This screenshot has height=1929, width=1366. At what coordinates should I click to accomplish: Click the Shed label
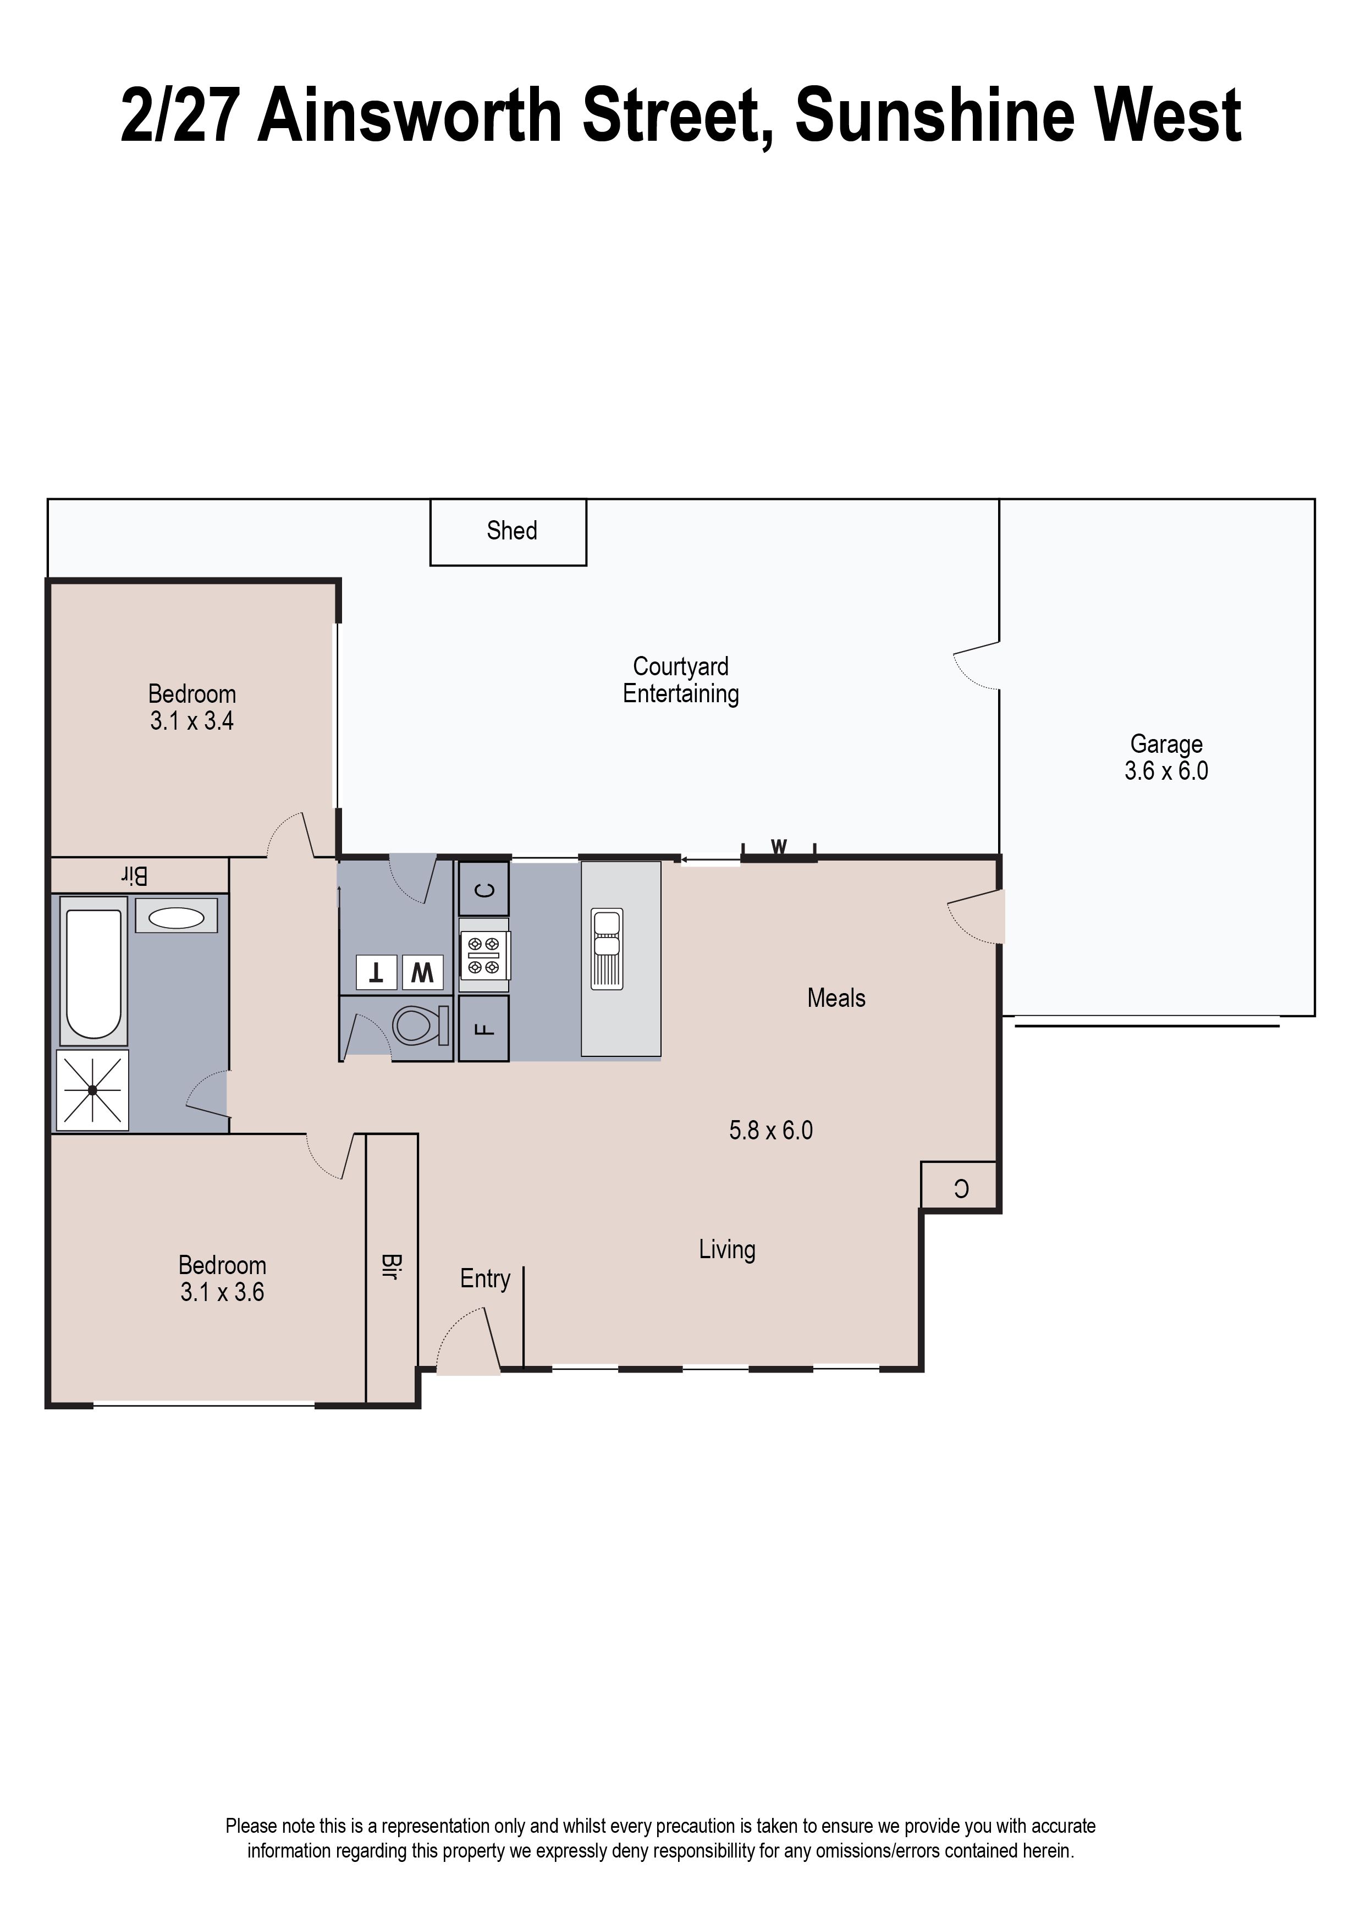point(511,531)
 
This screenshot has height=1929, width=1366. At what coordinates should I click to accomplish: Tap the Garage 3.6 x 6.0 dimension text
point(1166,771)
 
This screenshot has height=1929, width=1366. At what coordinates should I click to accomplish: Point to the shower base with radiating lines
point(92,1090)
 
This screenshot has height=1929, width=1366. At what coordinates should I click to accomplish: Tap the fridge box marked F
point(483,1028)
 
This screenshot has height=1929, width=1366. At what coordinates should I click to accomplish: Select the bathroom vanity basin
point(176,916)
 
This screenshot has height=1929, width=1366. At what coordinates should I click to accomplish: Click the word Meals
point(836,998)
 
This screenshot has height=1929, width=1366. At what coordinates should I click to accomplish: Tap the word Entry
point(486,1279)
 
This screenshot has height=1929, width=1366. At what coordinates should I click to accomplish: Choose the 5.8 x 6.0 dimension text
point(770,1131)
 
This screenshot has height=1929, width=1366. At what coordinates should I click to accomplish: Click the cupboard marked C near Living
point(960,1187)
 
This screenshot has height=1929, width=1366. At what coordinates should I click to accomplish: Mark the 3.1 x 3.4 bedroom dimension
point(192,721)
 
